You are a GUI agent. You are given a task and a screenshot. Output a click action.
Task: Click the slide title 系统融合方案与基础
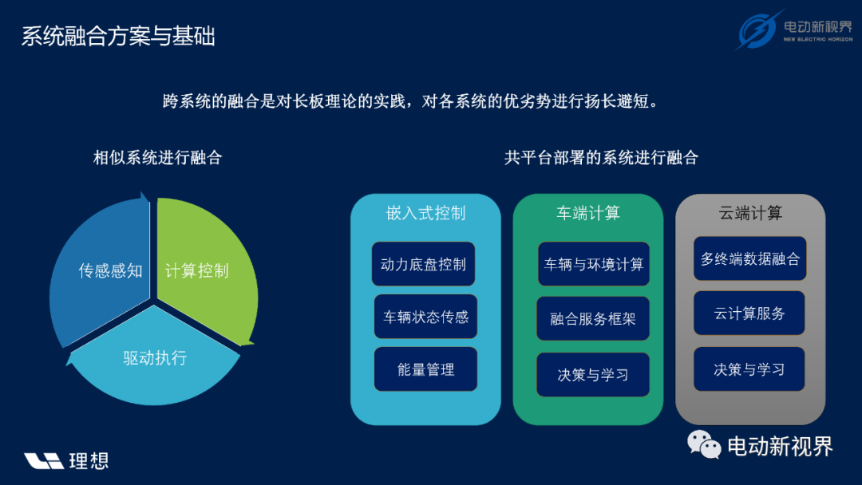118,36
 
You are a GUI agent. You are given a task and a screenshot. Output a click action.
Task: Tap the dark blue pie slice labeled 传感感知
101,269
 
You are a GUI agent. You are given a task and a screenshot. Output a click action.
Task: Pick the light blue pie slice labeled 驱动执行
154,360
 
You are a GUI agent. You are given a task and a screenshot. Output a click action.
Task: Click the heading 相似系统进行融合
158,158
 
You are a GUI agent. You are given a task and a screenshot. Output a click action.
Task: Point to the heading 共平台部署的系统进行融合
602,158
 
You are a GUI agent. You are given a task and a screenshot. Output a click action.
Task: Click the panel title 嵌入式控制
426,213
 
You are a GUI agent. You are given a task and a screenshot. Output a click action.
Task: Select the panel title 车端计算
588,213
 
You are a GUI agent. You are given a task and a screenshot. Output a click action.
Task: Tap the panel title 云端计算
750,213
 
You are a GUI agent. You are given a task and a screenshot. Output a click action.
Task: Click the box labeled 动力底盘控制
423,264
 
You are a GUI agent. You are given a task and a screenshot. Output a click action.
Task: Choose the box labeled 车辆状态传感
425,317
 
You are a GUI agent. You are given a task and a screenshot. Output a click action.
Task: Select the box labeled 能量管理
425,369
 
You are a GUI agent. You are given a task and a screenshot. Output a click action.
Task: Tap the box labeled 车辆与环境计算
594,264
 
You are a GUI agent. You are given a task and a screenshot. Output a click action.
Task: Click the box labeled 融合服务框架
593,318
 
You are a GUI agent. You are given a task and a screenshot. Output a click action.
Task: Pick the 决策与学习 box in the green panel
593,375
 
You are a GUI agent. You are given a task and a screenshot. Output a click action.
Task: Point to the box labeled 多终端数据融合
749,258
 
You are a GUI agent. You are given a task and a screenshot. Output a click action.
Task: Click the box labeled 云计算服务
749,313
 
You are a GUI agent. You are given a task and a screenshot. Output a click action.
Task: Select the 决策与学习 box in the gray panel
749,369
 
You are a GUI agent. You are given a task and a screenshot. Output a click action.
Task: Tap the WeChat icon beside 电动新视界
704,445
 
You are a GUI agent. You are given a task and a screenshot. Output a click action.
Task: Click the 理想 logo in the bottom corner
66,461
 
